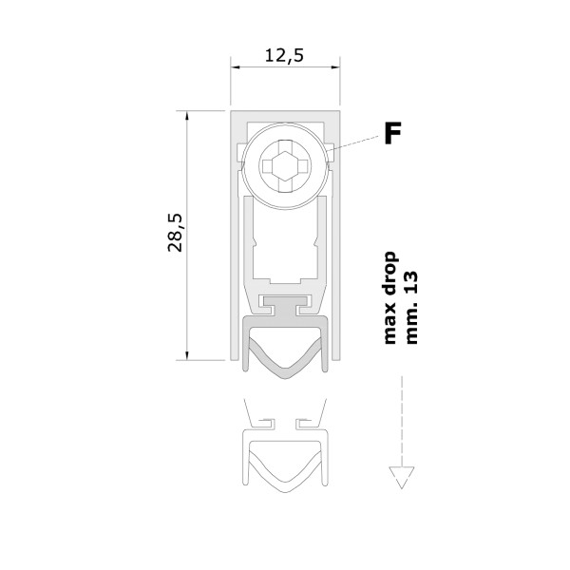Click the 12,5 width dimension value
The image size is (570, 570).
[284, 56]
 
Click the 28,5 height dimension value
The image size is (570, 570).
[175, 233]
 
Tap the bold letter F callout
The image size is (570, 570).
[392, 133]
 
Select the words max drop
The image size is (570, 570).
[390, 297]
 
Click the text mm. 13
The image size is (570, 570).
[411, 307]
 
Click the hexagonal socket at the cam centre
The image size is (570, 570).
[285, 165]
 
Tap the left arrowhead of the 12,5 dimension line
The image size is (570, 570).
[236, 67]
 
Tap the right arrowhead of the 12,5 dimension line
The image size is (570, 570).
[335, 67]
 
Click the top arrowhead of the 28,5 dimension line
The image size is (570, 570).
[187, 115]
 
